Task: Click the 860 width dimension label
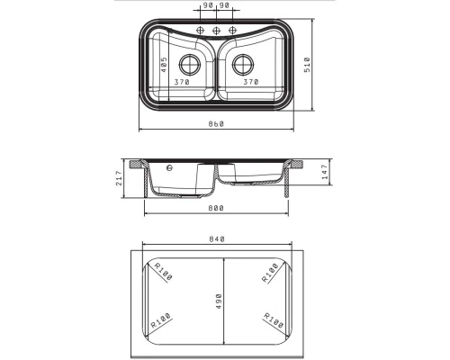coord(216,124)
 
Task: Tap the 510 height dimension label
coord(308,65)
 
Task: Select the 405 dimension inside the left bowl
coord(164,65)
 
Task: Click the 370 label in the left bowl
coord(182,82)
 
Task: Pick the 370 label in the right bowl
coord(251,82)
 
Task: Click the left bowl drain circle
coord(190,64)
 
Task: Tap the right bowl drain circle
coord(243,64)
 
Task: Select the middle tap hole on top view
coord(216,31)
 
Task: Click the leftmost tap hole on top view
coord(200,31)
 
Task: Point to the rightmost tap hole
coord(232,31)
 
